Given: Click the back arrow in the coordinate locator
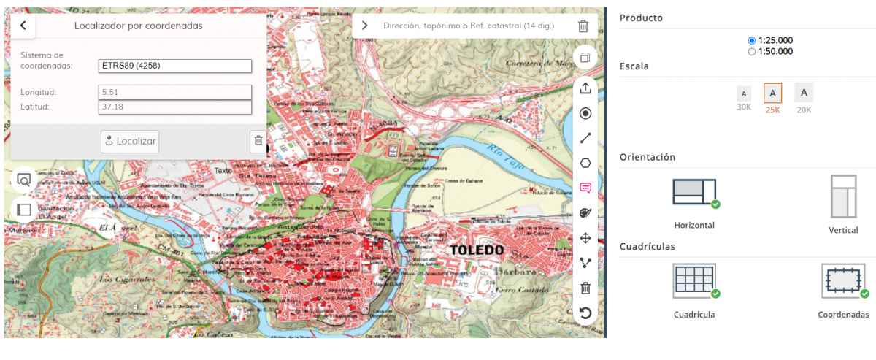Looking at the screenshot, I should click(x=23, y=26).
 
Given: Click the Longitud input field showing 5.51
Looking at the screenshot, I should click(x=175, y=93).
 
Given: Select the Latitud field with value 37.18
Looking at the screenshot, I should click(x=175, y=107).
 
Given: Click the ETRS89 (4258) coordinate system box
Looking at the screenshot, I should click(x=175, y=66).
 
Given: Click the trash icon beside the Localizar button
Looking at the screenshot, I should click(x=258, y=141).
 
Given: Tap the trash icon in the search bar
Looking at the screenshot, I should click(x=583, y=26).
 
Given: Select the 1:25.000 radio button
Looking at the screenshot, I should click(x=752, y=40).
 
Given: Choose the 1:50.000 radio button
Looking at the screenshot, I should click(x=752, y=52).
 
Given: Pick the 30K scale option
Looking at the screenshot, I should click(x=743, y=94).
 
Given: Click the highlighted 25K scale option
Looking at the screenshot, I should click(x=772, y=93).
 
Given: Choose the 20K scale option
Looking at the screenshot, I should click(x=804, y=93).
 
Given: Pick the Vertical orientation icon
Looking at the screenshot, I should click(x=843, y=196).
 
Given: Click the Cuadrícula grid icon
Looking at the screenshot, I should click(x=694, y=281).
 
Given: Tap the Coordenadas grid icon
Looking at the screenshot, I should click(x=843, y=281).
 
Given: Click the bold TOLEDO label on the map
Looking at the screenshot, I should click(x=477, y=250).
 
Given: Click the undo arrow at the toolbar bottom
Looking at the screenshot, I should click(x=585, y=313).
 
